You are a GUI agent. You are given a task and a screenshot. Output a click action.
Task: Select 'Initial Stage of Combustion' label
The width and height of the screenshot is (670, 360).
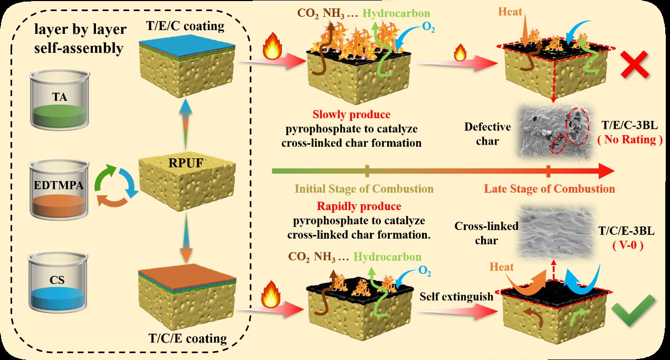[x=364, y=188]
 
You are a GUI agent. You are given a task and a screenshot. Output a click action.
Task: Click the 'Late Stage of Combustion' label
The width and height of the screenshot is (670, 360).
[x=549, y=188]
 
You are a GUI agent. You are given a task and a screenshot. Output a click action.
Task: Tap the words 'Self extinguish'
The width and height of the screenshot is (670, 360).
[x=456, y=297]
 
